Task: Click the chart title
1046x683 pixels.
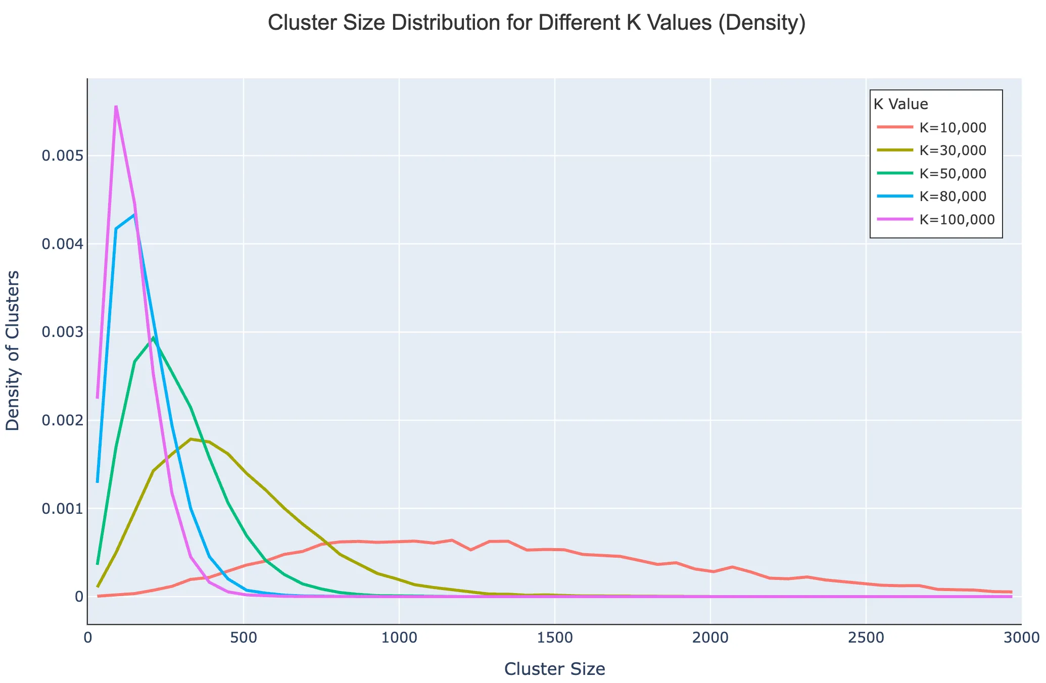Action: coord(536,24)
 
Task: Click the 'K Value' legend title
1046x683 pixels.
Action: coord(901,105)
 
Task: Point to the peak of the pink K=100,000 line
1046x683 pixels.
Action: coord(116,107)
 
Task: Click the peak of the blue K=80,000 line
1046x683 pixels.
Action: coord(134,215)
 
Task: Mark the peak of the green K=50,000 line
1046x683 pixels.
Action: coord(153,337)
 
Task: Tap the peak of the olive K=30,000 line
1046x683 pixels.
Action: coord(191,439)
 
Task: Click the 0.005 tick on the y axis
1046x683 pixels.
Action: coord(62,156)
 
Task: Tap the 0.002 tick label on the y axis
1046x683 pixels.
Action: coord(62,420)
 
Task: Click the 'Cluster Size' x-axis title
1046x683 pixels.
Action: coord(554,669)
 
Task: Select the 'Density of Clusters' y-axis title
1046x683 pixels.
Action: coord(13,351)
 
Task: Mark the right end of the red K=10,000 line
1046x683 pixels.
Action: coord(1011,592)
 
